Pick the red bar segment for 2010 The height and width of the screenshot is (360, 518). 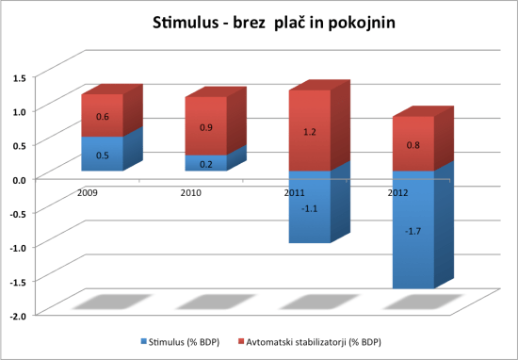point(204,126)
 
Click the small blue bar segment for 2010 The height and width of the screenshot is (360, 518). point(204,163)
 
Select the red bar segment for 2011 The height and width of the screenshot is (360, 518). point(309,131)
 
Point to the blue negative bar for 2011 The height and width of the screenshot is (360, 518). point(309,207)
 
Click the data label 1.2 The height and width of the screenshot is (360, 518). point(310,133)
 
